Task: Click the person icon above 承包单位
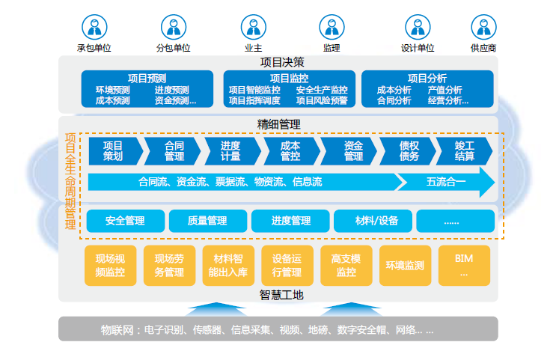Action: pos(94,27)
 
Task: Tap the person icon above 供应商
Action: pos(483,27)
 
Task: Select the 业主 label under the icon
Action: pos(252,48)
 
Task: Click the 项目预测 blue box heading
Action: pos(147,77)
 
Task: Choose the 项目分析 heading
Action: pos(427,77)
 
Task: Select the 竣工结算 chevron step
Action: pos(465,150)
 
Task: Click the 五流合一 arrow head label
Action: pos(446,181)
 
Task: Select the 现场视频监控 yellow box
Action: pos(110,265)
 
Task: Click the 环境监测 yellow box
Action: pos(405,265)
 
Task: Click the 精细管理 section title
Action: pos(278,124)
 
